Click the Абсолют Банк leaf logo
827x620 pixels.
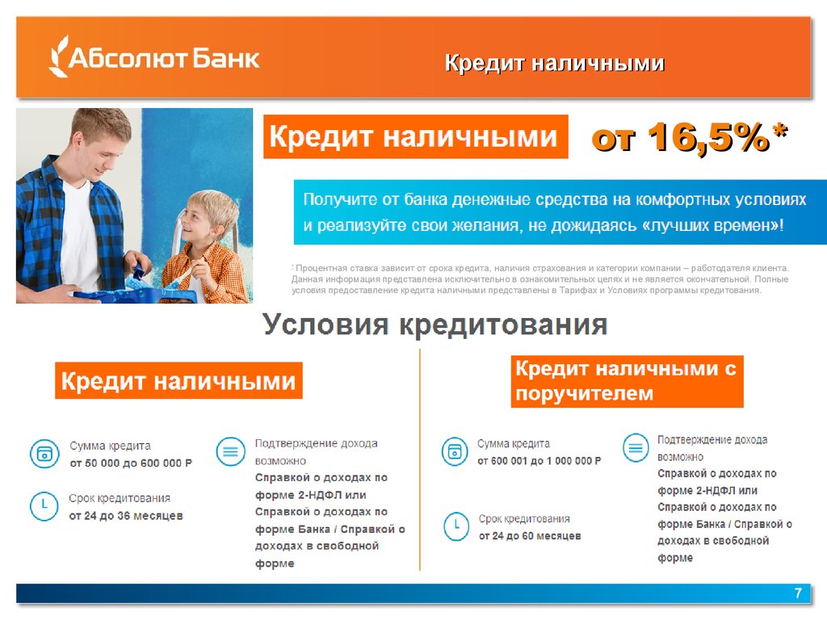point(58,57)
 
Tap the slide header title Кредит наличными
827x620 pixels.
point(554,63)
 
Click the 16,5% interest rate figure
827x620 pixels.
point(708,138)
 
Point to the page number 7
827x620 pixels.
point(798,593)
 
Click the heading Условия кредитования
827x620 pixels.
point(435,324)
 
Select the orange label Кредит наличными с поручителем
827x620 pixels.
point(627,381)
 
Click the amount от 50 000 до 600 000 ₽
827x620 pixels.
point(131,463)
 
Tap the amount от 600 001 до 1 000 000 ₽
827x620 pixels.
point(539,461)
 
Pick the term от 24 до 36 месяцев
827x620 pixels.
point(126,516)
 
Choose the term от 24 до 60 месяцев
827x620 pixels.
point(530,536)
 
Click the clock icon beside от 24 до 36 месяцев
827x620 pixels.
point(44,505)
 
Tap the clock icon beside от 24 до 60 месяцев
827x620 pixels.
point(456,526)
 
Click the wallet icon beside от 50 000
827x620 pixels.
point(44,454)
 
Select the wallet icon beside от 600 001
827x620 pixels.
point(455,451)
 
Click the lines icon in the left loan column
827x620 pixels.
point(230,452)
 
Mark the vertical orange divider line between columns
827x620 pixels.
point(420,459)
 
